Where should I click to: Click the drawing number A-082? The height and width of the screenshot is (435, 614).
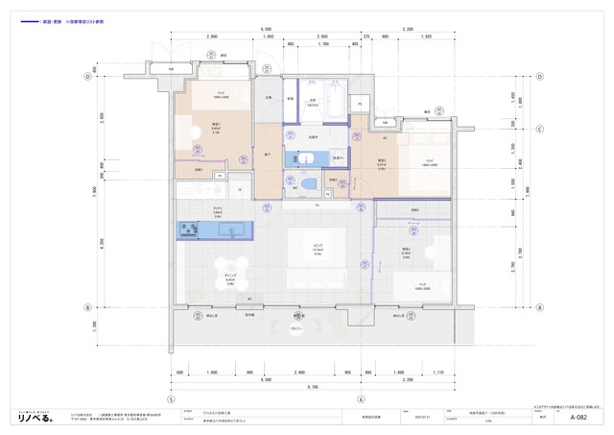[x=579, y=418]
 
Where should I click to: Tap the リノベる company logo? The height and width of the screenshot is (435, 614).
[x=38, y=417]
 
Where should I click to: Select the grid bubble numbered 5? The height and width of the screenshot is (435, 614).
[x=171, y=399]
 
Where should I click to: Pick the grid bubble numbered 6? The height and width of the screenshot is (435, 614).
[x=361, y=399]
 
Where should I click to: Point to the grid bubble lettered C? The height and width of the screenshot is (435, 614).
[x=540, y=128]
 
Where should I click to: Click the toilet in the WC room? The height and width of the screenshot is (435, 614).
[x=305, y=182]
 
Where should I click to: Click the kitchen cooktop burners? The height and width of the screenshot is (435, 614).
[x=186, y=230]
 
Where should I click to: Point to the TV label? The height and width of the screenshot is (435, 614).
[x=317, y=205]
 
